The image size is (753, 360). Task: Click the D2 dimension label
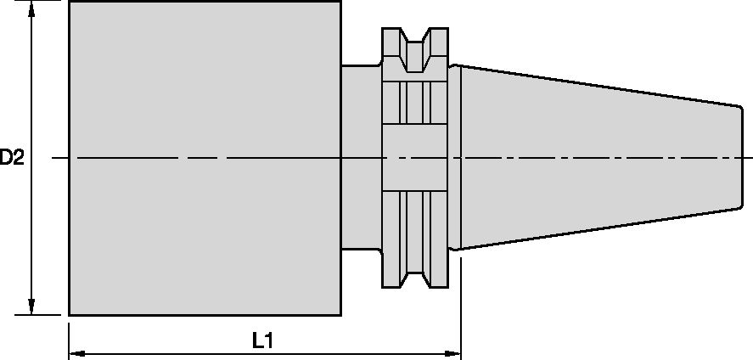coord(11,157)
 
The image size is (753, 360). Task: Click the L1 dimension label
coord(263,340)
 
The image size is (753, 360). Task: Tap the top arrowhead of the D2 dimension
coord(32,8)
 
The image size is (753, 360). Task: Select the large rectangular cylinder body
coord(204,158)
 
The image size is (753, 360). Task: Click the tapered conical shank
coord(594,157)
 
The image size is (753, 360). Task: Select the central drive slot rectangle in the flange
coord(415,157)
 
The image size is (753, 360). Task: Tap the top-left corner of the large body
coord(69,2)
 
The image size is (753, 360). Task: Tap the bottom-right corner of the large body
coord(340,315)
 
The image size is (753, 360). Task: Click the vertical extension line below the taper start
coord(460,306)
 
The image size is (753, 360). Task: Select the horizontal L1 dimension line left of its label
coord(161,351)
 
